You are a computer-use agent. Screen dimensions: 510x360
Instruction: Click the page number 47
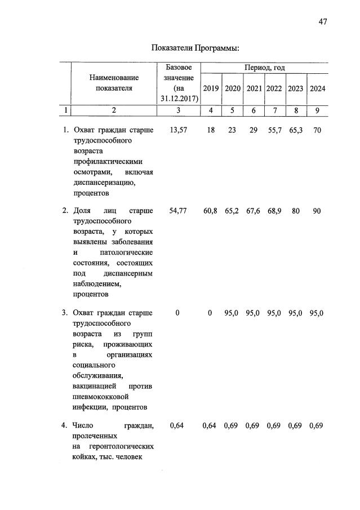pos(322,22)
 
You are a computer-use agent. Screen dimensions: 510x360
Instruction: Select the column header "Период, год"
pos(264,68)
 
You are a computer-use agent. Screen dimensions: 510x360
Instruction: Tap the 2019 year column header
pos(211,88)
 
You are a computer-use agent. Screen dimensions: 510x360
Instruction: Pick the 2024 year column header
pos(317,88)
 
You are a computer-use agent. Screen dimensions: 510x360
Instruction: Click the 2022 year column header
pos(274,88)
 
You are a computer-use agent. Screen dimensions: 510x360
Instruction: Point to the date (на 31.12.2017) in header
pos(179,94)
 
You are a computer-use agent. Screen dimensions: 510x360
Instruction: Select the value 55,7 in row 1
pos(274,130)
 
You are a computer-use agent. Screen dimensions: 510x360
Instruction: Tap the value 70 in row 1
pos(317,130)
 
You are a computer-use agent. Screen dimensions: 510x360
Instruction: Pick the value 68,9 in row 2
pos(274,211)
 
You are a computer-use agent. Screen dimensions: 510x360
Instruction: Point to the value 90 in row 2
pos(317,211)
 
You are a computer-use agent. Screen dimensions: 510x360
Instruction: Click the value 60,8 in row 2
pos(211,211)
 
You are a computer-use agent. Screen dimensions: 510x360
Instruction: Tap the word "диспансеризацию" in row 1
pos(104,183)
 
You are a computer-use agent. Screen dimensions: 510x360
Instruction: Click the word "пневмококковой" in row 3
pos(101,397)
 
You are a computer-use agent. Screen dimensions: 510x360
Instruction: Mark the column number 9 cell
pos(317,110)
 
